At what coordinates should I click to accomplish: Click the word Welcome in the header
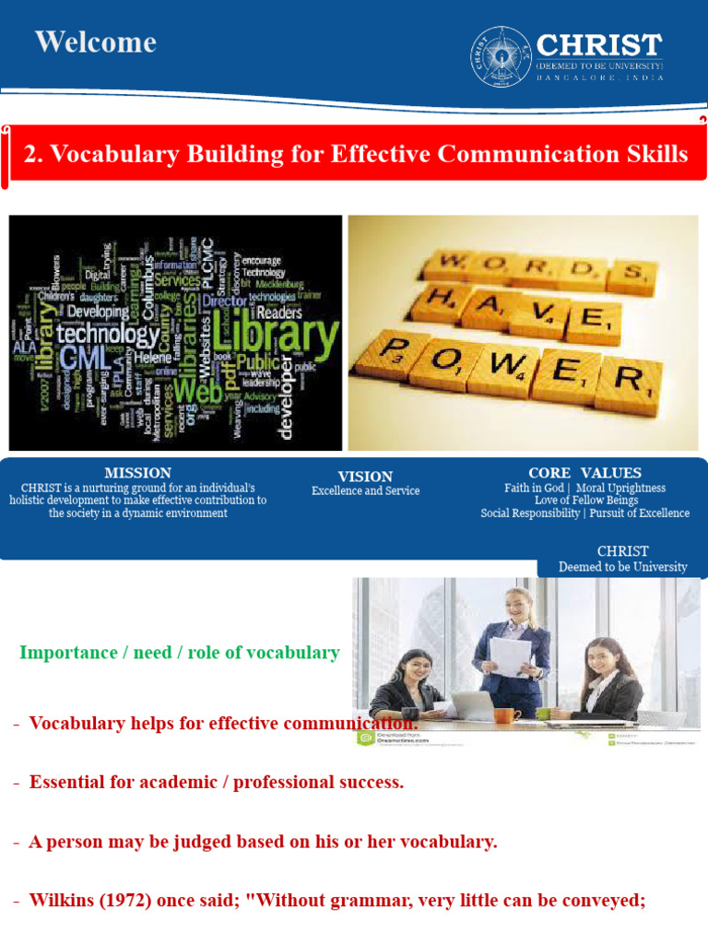(x=96, y=42)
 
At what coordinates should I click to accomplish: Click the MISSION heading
(x=137, y=473)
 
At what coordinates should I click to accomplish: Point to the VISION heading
(x=365, y=476)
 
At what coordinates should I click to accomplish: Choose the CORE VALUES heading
(x=584, y=473)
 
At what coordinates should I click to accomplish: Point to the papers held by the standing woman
(x=509, y=655)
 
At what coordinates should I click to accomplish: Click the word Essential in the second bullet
(x=70, y=783)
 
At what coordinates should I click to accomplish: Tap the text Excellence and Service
(x=365, y=491)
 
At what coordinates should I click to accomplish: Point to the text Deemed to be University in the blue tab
(x=622, y=567)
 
